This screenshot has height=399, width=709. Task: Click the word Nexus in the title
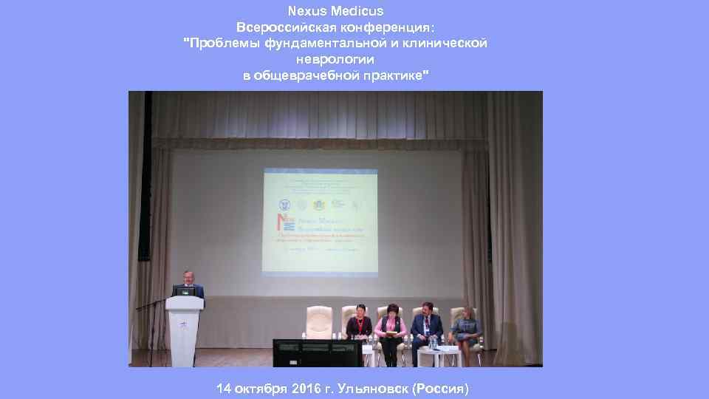(307, 11)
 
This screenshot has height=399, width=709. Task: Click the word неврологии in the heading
(335, 59)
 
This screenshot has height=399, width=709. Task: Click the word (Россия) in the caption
(441, 389)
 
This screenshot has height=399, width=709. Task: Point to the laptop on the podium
(188, 290)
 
